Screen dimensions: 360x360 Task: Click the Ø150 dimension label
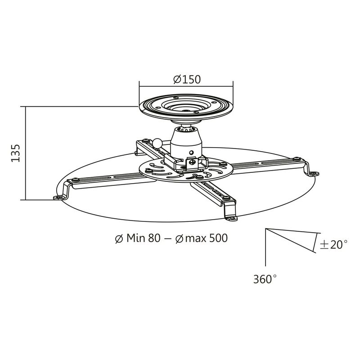click(x=186, y=79)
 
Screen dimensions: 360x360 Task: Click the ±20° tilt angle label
click(x=333, y=245)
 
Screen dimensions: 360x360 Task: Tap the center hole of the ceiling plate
click(x=186, y=109)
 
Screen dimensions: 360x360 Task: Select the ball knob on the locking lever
click(x=157, y=143)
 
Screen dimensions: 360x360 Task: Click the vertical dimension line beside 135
click(x=26, y=153)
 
